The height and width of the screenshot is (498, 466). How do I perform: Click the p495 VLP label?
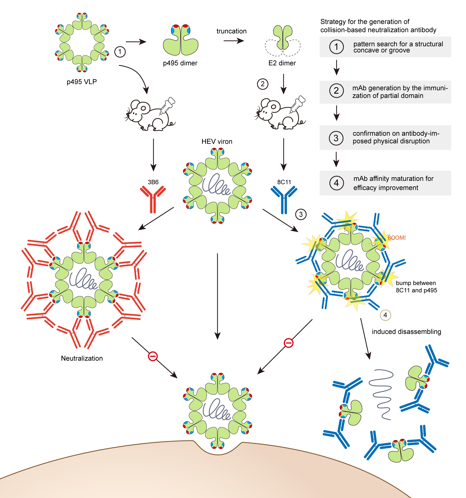click(x=82, y=82)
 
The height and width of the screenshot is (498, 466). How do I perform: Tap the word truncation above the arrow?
click(x=231, y=31)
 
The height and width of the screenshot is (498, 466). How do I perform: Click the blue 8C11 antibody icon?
click(x=284, y=199)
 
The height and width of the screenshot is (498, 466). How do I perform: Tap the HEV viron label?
click(x=217, y=142)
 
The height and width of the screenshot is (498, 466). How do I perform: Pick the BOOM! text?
click(x=396, y=238)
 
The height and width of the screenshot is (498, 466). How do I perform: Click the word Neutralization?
click(x=82, y=358)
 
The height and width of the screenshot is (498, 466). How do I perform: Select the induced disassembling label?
click(x=406, y=332)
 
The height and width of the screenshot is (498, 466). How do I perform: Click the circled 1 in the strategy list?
click(x=336, y=47)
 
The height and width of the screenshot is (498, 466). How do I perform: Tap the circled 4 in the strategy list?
click(x=336, y=183)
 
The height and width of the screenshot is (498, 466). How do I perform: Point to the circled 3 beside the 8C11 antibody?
click(x=301, y=214)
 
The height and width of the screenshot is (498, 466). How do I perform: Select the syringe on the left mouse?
click(x=167, y=105)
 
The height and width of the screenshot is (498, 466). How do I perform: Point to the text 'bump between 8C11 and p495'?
click(x=416, y=287)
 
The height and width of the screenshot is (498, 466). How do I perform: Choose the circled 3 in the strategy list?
click(x=336, y=138)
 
